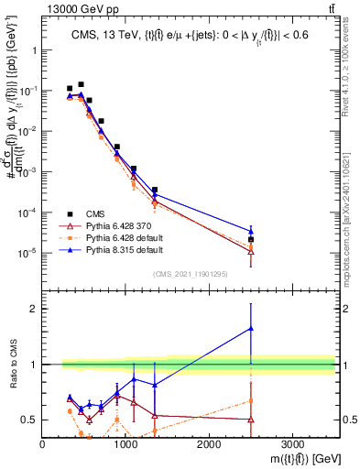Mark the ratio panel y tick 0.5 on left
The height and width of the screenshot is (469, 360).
click(30, 420)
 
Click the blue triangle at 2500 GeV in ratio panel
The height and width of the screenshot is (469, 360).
click(251, 328)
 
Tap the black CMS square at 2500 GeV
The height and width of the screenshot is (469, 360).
click(251, 240)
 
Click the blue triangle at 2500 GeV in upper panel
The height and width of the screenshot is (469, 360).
click(251, 231)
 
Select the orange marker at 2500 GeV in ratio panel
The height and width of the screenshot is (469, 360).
click(251, 400)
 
